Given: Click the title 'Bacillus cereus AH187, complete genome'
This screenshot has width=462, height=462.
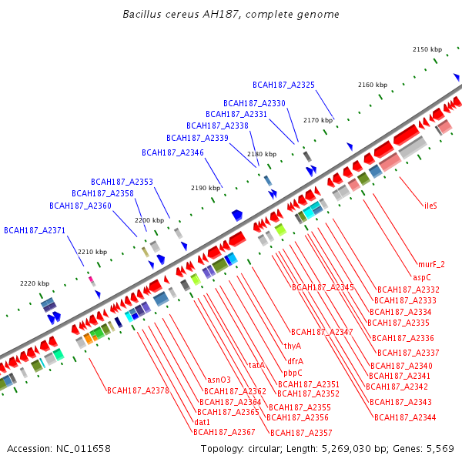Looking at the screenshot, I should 231,15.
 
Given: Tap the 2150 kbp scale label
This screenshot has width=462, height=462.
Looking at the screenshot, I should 427,49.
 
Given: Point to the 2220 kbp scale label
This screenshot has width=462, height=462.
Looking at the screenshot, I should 35,283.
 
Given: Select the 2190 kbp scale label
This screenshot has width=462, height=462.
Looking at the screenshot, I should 206,188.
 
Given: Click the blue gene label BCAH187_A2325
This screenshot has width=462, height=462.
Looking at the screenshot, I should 283,85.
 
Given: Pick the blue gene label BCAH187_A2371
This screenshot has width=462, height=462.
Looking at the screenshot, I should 35,230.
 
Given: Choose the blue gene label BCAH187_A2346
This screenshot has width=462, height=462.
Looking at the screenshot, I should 172,152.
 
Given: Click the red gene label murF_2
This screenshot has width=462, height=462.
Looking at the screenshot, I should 431,264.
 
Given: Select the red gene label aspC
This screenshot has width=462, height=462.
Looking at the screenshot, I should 422,276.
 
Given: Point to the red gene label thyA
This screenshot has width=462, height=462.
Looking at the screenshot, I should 293,346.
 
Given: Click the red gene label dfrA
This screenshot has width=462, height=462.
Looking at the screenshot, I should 295,361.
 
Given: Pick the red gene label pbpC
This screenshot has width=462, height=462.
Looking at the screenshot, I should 293,373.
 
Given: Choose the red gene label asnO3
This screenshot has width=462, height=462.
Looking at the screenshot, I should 219,380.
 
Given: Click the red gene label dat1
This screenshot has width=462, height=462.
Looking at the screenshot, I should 203,422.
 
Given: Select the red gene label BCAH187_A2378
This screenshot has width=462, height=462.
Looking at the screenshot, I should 138,390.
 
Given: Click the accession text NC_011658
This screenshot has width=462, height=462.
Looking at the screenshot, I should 59,449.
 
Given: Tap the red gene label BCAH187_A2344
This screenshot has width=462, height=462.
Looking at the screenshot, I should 405,417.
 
